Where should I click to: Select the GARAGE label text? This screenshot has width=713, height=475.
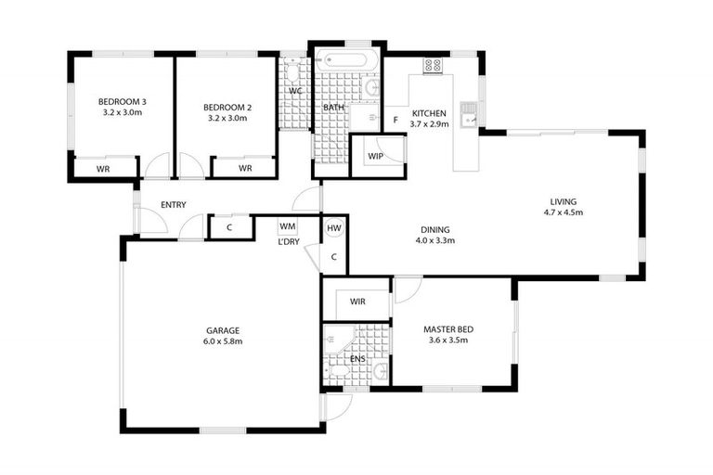[x=223, y=329]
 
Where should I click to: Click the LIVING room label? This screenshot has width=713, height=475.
[x=563, y=201]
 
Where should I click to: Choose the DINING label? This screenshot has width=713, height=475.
[x=434, y=229]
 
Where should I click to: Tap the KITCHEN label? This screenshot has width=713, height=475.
[x=430, y=113]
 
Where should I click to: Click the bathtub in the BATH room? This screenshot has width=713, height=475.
[x=345, y=64]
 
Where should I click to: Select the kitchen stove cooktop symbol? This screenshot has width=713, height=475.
[x=432, y=66]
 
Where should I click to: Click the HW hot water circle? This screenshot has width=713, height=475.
[x=334, y=227]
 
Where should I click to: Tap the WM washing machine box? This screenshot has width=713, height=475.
[x=287, y=225]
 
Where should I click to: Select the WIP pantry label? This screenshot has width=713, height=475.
[x=376, y=156]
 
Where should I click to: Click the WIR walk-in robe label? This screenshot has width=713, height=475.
[x=357, y=302]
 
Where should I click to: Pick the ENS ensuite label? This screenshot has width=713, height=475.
[x=357, y=358]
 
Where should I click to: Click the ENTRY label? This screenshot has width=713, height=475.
[x=173, y=205]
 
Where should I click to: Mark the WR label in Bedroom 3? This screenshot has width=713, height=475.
[x=104, y=168]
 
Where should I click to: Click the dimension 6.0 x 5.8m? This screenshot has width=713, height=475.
[x=223, y=341]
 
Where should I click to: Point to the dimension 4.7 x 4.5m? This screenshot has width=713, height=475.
[x=563, y=212]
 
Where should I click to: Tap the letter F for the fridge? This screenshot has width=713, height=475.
[x=395, y=121]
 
